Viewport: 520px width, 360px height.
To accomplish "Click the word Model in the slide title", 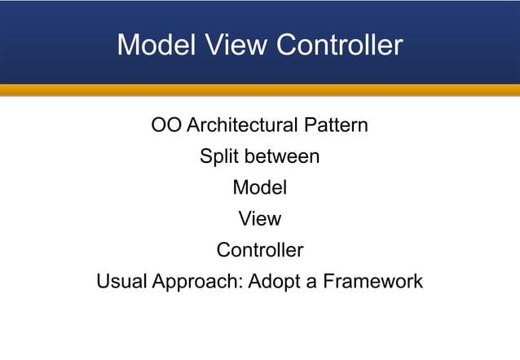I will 153,45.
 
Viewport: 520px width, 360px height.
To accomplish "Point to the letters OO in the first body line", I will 166,125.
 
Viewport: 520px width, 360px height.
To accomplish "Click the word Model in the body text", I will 260,187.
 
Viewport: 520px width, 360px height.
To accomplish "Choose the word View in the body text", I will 260,218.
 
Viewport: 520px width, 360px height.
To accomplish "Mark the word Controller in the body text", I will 260,250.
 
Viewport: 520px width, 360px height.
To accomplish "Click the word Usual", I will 121,282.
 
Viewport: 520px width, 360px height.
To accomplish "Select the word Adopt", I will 273,283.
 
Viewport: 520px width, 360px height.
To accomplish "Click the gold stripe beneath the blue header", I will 260,90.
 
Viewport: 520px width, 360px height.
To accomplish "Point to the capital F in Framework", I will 328,282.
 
